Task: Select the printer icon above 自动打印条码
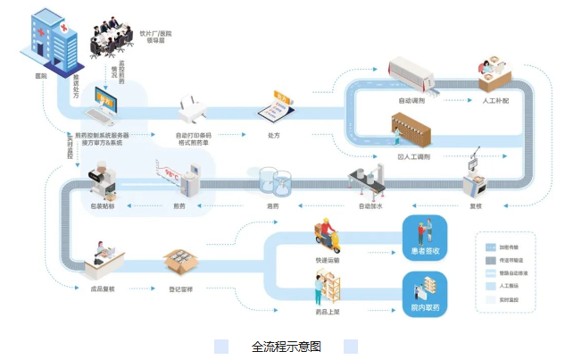(x=194, y=112)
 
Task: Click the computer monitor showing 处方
(x=105, y=105)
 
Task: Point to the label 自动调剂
(x=412, y=100)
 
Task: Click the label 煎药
(x=179, y=205)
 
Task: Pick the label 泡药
(x=273, y=205)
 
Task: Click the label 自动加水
(x=370, y=205)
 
